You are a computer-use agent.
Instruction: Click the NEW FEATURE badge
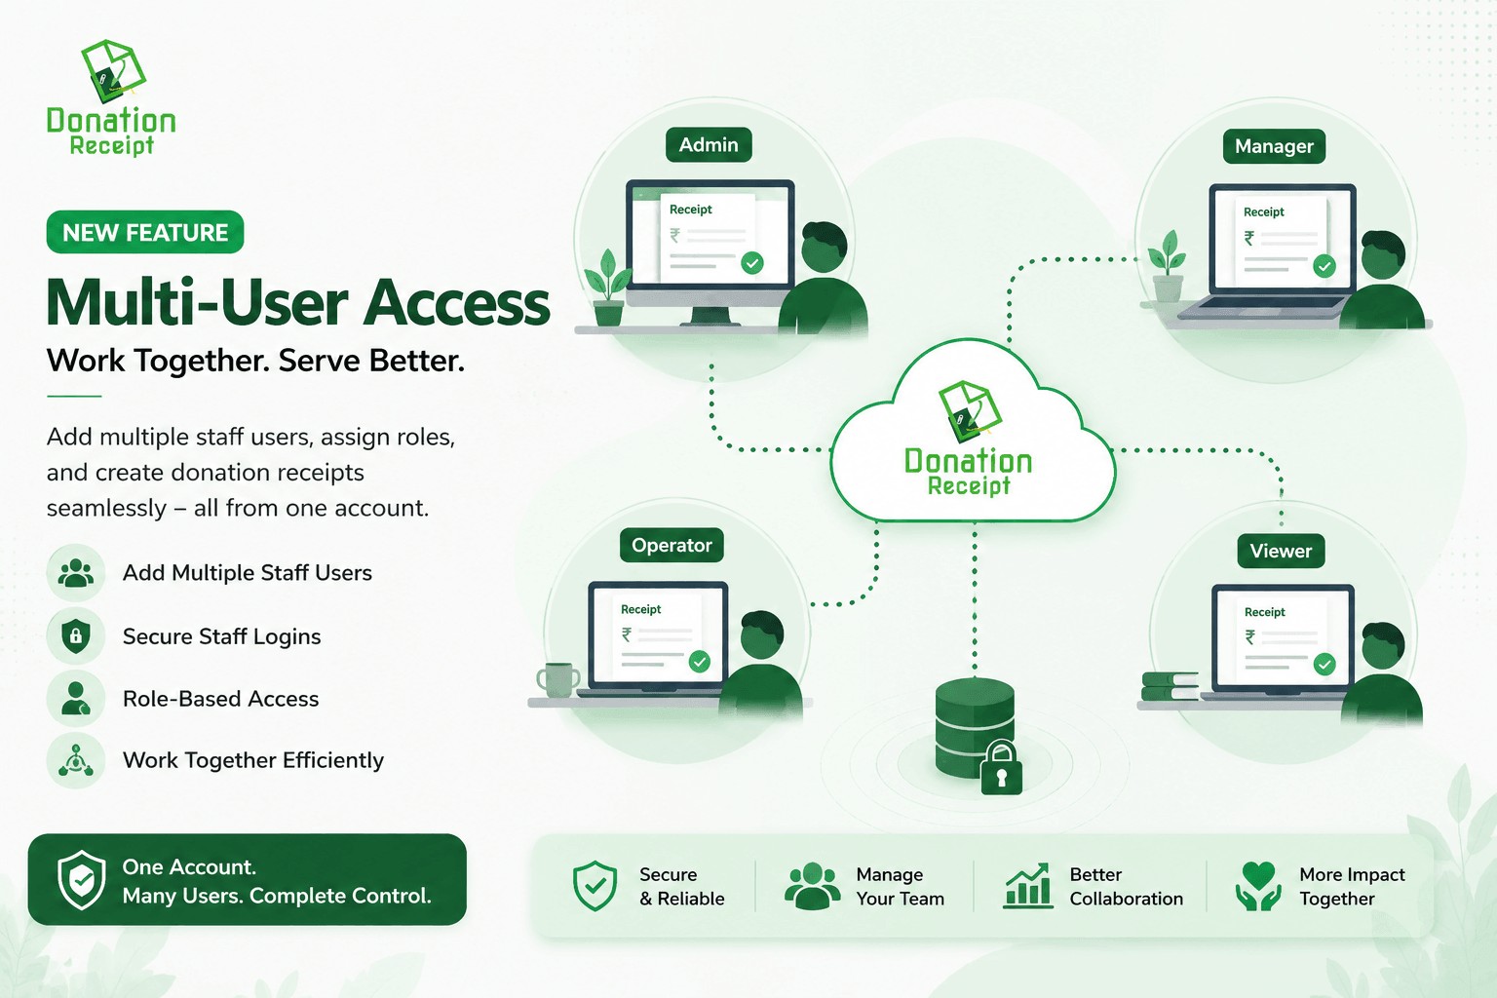tap(145, 232)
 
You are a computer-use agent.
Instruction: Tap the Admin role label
tap(709, 144)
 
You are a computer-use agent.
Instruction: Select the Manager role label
tap(1274, 146)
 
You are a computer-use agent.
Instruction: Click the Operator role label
tap(672, 545)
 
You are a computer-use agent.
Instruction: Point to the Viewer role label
tap(1281, 551)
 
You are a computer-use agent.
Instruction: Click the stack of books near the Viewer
tap(1170, 686)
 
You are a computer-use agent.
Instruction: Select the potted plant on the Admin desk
tap(607, 288)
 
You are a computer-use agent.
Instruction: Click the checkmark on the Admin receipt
tap(752, 263)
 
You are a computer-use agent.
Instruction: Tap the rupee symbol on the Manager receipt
tap(1249, 239)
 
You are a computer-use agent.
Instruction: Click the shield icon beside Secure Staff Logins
tap(75, 635)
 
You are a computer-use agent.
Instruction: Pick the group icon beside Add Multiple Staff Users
tap(75, 573)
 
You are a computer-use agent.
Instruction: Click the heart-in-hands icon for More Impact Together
tap(1258, 886)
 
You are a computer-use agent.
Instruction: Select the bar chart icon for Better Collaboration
tap(1027, 886)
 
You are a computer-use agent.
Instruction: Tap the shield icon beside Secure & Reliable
tap(595, 886)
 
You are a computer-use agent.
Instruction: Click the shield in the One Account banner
tap(82, 880)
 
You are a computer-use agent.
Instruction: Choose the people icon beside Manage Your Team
tap(813, 886)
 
